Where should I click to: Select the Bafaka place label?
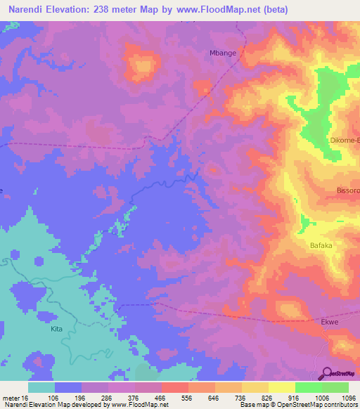(x=322, y=245)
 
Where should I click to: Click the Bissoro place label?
(x=347, y=190)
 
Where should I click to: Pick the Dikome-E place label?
(x=345, y=141)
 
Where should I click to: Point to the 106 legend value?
(x=68, y=397)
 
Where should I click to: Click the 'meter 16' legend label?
(x=16, y=397)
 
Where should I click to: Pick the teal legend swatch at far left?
(x=41, y=387)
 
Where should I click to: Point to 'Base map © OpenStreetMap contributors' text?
(x=299, y=405)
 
